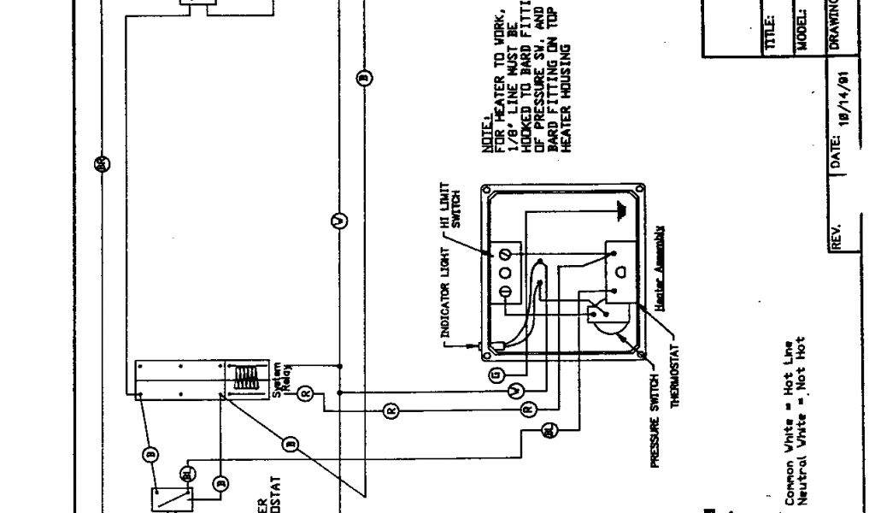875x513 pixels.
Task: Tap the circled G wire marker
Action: point(496,374)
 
